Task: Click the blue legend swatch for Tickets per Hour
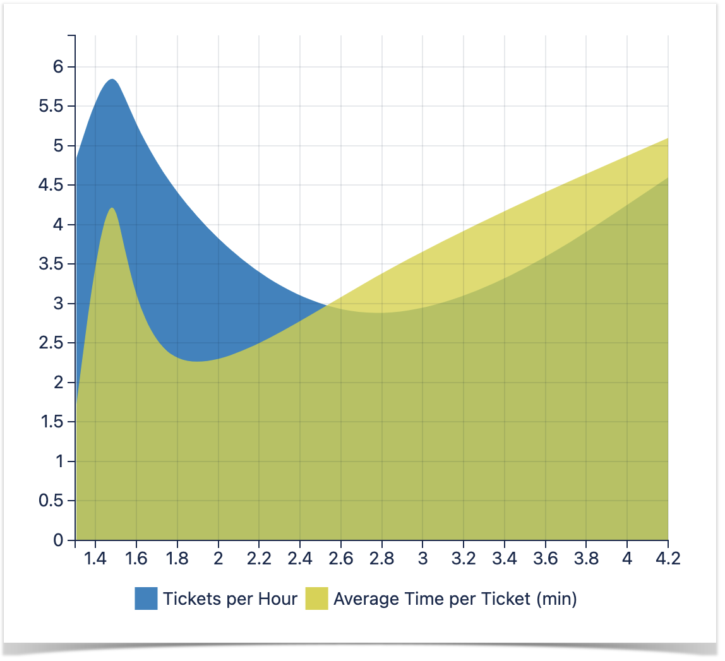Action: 146,598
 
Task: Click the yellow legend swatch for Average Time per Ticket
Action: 316,598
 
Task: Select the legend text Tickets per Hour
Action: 230,598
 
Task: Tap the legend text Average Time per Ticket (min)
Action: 455,598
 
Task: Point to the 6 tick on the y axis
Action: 59,67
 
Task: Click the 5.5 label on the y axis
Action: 52,106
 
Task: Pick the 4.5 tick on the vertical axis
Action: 52,185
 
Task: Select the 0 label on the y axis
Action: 59,540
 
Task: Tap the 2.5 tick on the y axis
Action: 52,343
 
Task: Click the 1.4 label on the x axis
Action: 95,559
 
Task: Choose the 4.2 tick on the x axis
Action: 668,559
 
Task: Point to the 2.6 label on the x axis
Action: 341,559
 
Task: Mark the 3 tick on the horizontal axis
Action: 422,559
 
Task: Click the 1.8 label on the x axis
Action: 177,559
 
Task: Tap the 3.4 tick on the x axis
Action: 504,559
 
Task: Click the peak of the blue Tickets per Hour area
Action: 112,80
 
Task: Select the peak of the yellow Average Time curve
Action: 112,208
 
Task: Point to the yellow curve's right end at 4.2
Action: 667,138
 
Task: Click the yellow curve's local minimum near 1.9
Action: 197,362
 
